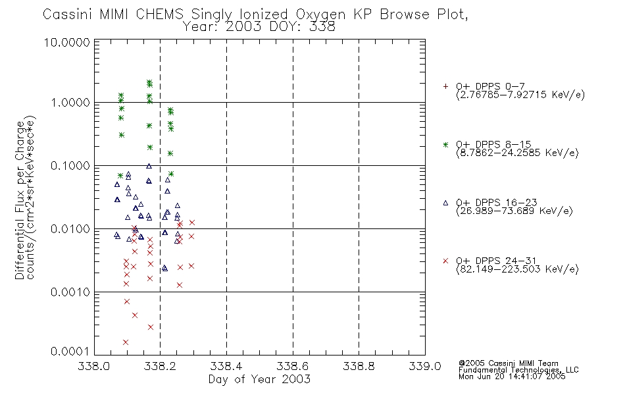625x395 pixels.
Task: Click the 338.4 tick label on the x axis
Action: (x=226, y=366)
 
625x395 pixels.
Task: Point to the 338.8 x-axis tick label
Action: (x=359, y=366)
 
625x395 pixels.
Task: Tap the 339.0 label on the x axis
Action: (x=425, y=366)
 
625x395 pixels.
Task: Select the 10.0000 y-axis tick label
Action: (x=66, y=42)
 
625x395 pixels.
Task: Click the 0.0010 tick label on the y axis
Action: (x=70, y=292)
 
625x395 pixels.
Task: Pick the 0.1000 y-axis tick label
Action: (x=70, y=166)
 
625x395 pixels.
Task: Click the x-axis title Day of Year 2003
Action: (x=259, y=379)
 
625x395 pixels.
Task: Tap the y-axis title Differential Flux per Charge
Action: (x=20, y=200)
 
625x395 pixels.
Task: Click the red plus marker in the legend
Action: (x=445, y=86)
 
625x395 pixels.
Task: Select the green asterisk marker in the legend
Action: (x=445, y=145)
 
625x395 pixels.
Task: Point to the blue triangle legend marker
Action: (x=445, y=203)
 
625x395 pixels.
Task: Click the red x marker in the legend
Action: (x=445, y=261)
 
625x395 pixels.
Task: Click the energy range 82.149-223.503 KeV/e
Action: (x=517, y=269)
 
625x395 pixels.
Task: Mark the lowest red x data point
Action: (x=126, y=342)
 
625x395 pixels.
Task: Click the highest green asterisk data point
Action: (x=149, y=82)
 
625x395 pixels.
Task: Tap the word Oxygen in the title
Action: (x=320, y=14)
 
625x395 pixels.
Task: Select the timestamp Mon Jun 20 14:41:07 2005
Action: (x=512, y=377)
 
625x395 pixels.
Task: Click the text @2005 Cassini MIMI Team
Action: (x=508, y=363)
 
